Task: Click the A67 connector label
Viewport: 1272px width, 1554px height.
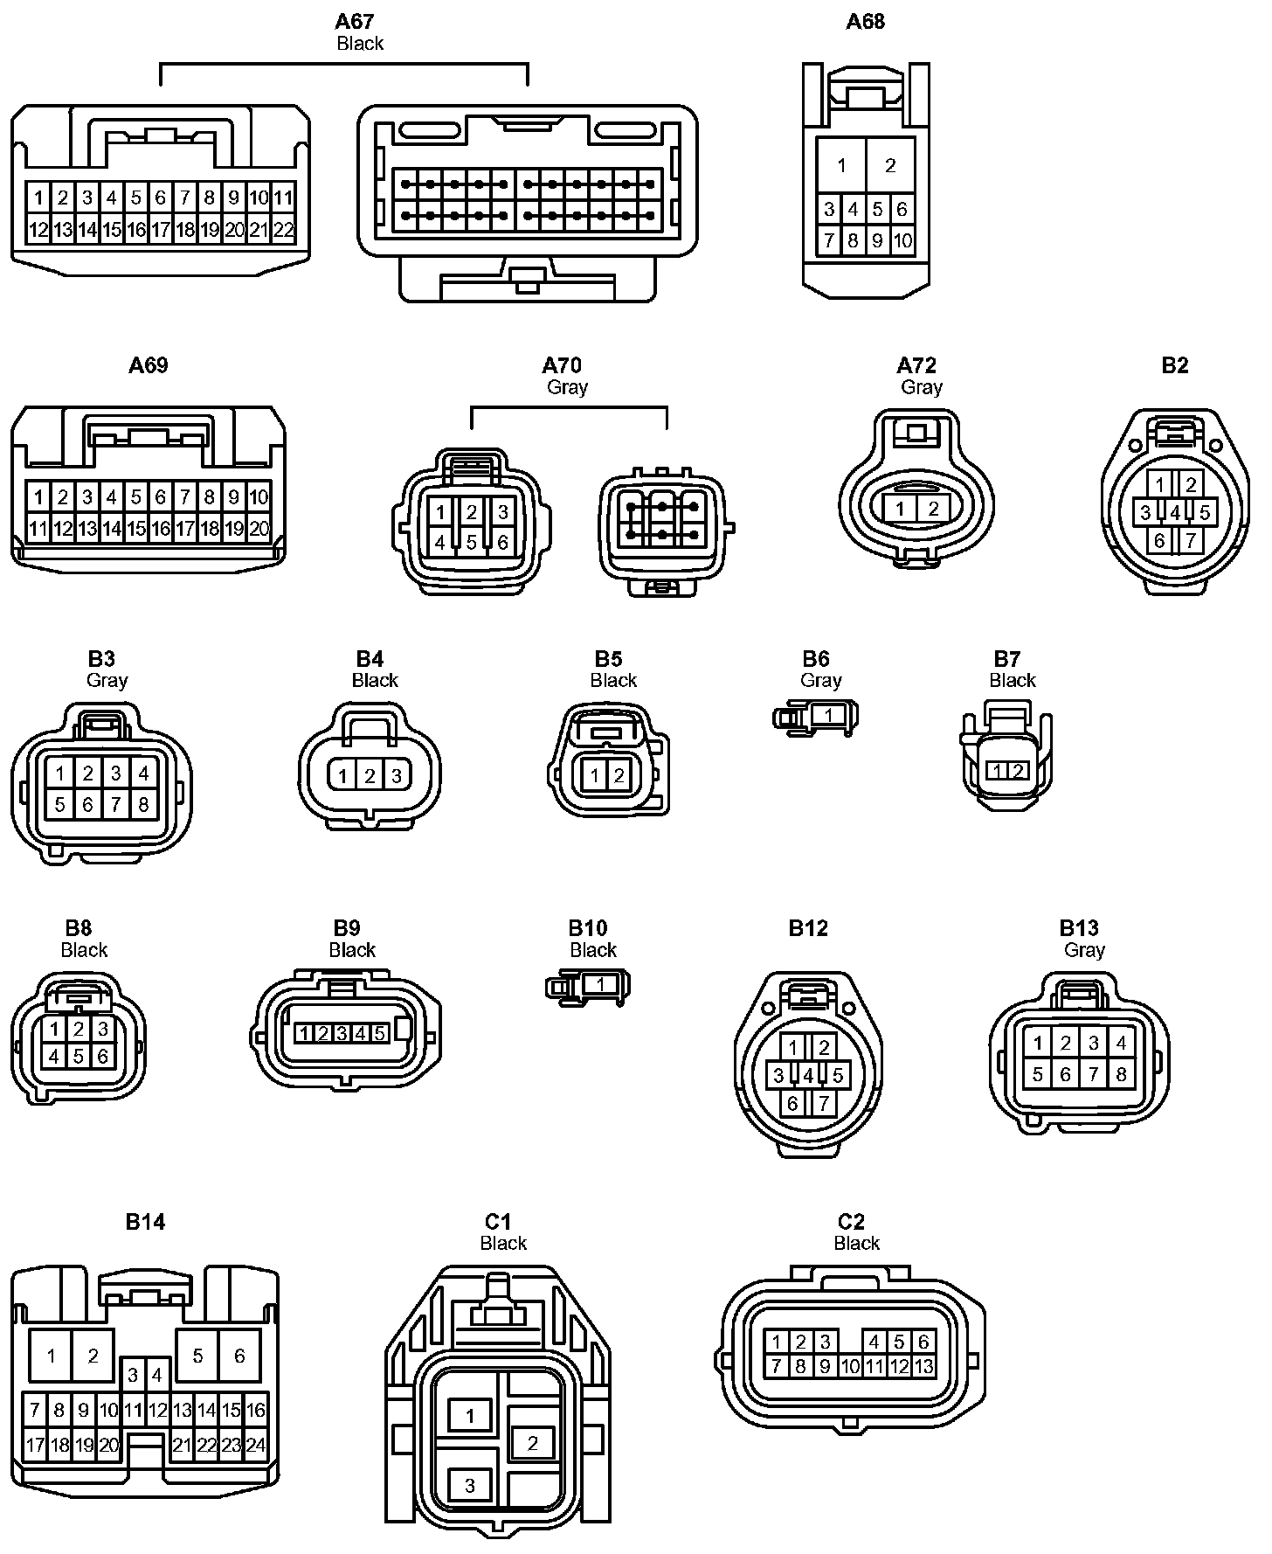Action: [x=355, y=21]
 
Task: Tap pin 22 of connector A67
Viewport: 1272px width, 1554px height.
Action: [x=284, y=231]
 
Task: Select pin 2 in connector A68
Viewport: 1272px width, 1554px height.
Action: [x=890, y=165]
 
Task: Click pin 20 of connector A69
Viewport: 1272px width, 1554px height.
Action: [x=259, y=529]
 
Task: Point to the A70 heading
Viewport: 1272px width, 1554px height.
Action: [x=562, y=364]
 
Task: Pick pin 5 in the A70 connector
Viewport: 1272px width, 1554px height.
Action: [x=471, y=542]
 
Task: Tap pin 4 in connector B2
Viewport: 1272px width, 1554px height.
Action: [x=1175, y=513]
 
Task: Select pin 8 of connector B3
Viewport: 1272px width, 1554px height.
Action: [x=143, y=803]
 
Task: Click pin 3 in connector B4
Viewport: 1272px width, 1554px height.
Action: [x=396, y=775]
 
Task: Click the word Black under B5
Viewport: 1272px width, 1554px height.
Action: [x=613, y=680]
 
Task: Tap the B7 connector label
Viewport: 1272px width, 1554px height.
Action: [x=1006, y=659]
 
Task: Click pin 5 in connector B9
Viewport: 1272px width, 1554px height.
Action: [x=379, y=1034]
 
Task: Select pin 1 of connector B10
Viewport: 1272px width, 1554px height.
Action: [x=600, y=985]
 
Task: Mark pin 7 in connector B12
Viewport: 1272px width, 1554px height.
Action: [x=823, y=1104]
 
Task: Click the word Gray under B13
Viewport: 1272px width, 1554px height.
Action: [x=1084, y=949]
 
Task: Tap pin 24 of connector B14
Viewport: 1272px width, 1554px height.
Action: [x=255, y=1445]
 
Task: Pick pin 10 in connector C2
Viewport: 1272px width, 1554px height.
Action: [x=849, y=1366]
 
